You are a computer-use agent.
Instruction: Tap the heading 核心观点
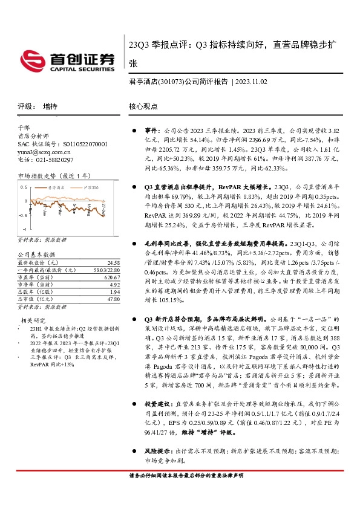click(x=143, y=106)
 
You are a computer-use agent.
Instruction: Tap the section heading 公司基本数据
click(x=36, y=255)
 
